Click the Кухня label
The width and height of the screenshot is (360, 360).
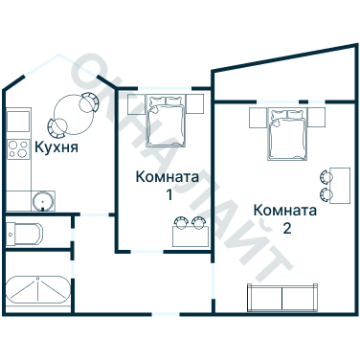pyautogui.click(x=56, y=148)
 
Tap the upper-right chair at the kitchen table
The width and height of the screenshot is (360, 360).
pyautogui.click(x=90, y=100)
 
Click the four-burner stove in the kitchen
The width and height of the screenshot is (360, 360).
pyautogui.click(x=17, y=149)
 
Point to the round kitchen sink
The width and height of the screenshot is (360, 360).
pyautogui.click(x=43, y=199)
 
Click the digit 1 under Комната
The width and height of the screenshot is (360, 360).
pyautogui.click(x=169, y=195)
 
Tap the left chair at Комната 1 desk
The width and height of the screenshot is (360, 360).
pyautogui.click(x=178, y=223)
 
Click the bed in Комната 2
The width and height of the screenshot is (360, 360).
pyautogui.click(x=287, y=134)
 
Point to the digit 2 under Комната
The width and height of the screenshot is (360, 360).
pyautogui.click(x=286, y=229)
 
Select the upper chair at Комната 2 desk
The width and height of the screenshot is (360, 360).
pyautogui.click(x=326, y=174)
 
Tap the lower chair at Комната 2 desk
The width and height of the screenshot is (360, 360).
pyautogui.click(x=326, y=192)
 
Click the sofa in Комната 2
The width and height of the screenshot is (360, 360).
pyautogui.click(x=282, y=297)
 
